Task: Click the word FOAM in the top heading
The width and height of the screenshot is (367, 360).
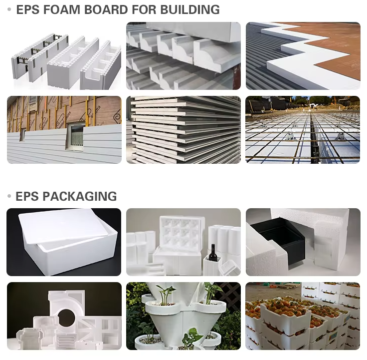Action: point(62,10)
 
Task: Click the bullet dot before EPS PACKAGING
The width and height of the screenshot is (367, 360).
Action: point(9,196)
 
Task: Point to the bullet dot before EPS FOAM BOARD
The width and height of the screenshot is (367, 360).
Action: point(9,9)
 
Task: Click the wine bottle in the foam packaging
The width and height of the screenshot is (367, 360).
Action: point(213,253)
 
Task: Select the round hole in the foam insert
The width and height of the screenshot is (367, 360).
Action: point(66,318)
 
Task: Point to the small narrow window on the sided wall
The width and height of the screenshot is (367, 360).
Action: point(22,135)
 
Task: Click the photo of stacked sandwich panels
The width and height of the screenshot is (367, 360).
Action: point(183,130)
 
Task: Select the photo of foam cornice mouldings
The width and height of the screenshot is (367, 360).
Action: point(183,56)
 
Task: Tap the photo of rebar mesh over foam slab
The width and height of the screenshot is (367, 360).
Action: point(303,130)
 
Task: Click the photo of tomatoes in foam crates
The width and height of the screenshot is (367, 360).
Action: point(303,316)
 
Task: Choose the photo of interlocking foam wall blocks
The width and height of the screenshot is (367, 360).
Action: point(64,56)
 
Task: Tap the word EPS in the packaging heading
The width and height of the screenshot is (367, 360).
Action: point(27,196)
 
